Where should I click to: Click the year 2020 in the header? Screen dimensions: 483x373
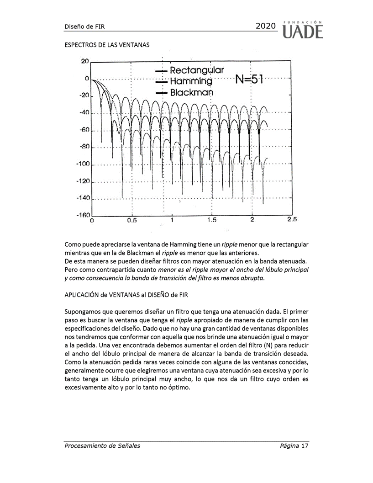[x=266, y=26]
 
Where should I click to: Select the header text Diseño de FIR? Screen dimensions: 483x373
[x=84, y=27]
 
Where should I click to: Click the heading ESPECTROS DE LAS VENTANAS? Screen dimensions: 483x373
[x=107, y=46]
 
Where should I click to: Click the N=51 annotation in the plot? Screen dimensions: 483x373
[x=249, y=80]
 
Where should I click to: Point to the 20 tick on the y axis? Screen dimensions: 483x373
[x=84, y=61]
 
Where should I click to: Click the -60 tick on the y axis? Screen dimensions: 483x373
[x=84, y=130]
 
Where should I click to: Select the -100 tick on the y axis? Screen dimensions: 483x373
[x=82, y=164]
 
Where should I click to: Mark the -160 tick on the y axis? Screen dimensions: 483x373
[x=82, y=215]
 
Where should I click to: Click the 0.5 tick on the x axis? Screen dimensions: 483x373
[x=131, y=220]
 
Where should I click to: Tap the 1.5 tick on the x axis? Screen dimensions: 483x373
[x=212, y=220]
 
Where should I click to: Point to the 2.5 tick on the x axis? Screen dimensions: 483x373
[x=292, y=220]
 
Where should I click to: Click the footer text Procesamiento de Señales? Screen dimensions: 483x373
[x=102, y=446]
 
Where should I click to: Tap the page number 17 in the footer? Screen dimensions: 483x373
[x=305, y=446]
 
